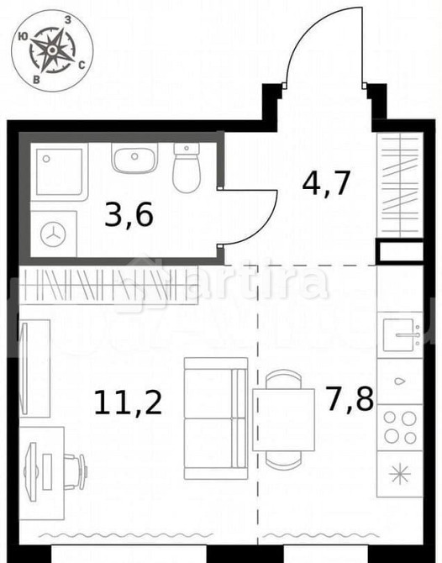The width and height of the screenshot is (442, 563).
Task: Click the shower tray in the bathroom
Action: coord(59,172)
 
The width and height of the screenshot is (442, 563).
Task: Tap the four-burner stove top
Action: coord(400,426)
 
